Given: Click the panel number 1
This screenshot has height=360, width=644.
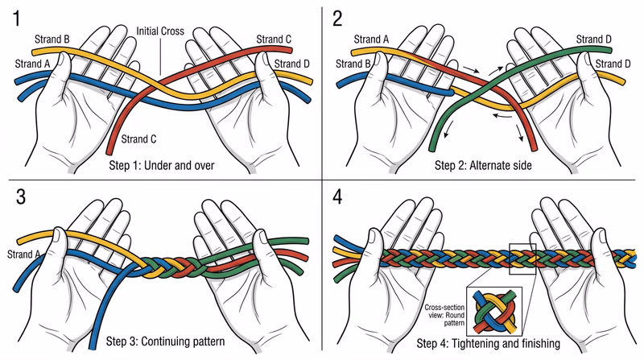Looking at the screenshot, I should pyautogui.click(x=17, y=17).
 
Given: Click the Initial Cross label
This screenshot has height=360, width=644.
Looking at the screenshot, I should pyautogui.click(x=161, y=32).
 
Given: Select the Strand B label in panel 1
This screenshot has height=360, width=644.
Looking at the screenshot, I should pyautogui.click(x=53, y=38).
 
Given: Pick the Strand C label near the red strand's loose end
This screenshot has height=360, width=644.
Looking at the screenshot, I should pyautogui.click(x=140, y=139).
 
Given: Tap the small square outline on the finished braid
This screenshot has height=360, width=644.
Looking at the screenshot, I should pyautogui.click(x=522, y=259).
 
